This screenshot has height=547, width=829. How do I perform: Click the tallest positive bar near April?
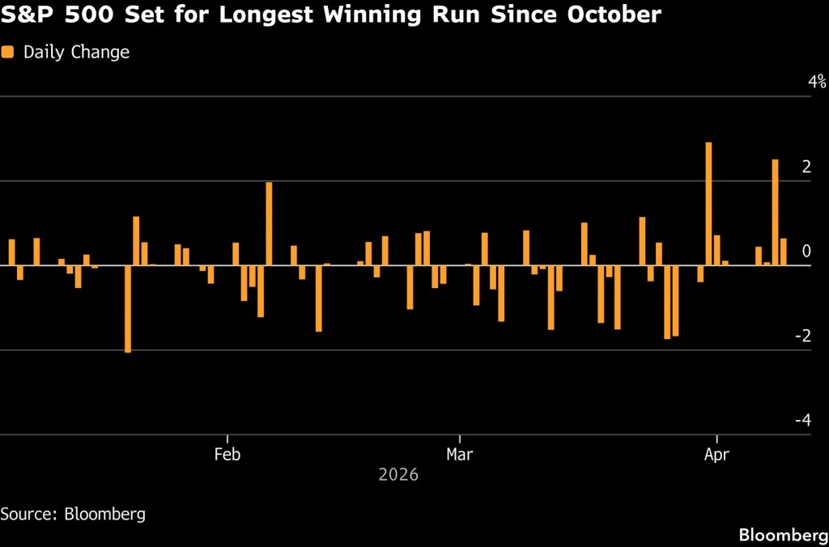(708, 204)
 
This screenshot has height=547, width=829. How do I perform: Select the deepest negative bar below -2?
(128, 309)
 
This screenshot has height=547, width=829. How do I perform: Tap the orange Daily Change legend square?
(8, 53)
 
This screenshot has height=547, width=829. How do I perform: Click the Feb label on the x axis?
(227, 454)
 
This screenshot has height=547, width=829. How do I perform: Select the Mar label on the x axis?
(459, 454)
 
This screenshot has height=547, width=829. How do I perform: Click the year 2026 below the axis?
(398, 475)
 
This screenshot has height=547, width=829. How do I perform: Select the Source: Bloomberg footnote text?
(73, 514)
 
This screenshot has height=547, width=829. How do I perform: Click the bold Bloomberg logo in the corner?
(782, 534)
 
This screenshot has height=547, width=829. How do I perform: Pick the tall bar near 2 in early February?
(269, 224)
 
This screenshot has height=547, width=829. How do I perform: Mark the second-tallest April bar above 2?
(775, 212)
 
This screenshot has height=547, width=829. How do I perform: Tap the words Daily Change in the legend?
(76, 53)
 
